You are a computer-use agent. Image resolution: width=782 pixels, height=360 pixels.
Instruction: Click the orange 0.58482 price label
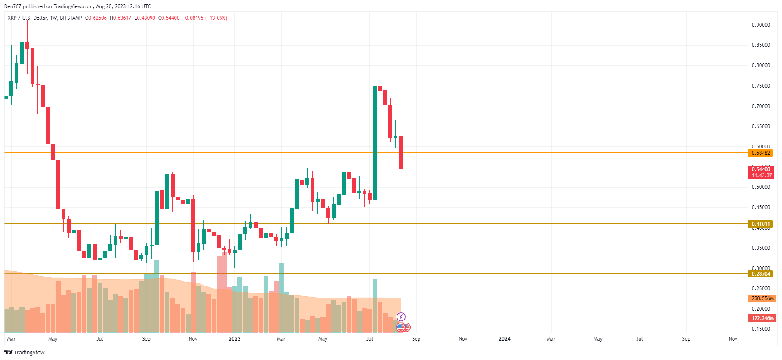coord(760,153)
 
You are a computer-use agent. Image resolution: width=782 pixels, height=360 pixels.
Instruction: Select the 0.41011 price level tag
coord(760,224)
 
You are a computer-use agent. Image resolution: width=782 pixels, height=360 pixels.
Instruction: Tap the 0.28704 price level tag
coord(760,274)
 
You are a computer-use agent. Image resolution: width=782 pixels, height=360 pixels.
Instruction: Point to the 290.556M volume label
coord(762,298)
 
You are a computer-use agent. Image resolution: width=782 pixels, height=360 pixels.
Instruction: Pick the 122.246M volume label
coord(762,318)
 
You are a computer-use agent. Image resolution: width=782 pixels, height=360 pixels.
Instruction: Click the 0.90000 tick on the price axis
coord(760,25)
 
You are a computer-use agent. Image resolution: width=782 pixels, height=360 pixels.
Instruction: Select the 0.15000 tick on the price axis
coord(760,329)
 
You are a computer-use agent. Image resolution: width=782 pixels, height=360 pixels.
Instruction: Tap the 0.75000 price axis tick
coord(760,86)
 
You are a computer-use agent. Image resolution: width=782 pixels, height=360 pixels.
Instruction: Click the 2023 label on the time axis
coord(234,339)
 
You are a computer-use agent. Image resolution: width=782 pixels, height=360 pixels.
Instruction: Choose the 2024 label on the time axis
coord(505,339)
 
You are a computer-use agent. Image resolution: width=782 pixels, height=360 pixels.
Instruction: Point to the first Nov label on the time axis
coord(193,339)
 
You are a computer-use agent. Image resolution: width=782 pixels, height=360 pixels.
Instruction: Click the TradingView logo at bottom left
coord(25,353)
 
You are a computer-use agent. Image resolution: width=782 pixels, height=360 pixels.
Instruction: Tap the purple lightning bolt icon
coord(401,317)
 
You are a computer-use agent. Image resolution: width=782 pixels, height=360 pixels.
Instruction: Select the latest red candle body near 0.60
coord(401,153)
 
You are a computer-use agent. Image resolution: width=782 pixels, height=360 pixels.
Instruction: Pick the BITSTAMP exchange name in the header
coord(71,18)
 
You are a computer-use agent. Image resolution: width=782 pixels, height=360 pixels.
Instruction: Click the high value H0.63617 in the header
coord(120,18)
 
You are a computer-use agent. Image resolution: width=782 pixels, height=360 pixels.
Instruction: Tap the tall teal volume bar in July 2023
coord(375,305)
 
